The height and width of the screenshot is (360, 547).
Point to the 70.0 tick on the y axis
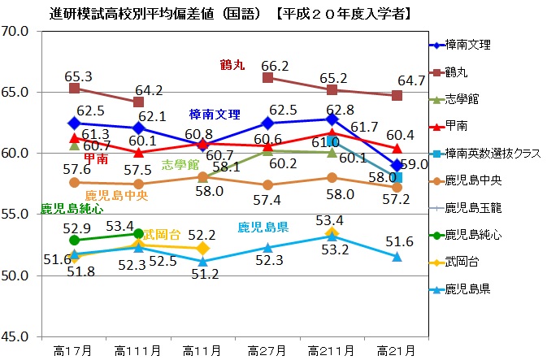(16, 32)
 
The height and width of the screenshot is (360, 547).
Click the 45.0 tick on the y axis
(16, 336)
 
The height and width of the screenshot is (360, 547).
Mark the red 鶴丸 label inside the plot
(234, 63)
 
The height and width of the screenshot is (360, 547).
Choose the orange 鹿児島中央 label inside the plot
(116, 195)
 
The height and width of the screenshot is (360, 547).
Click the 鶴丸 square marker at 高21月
(397, 95)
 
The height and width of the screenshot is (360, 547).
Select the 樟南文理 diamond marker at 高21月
(397, 165)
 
